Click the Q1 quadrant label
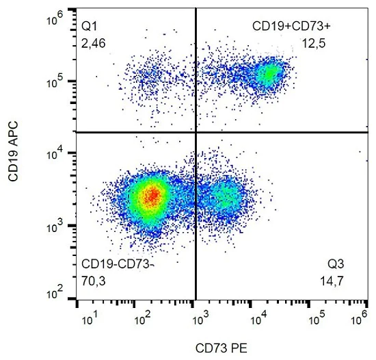point(90,26)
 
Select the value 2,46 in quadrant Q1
point(94,44)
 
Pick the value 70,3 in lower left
point(94,281)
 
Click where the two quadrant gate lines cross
point(196,131)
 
